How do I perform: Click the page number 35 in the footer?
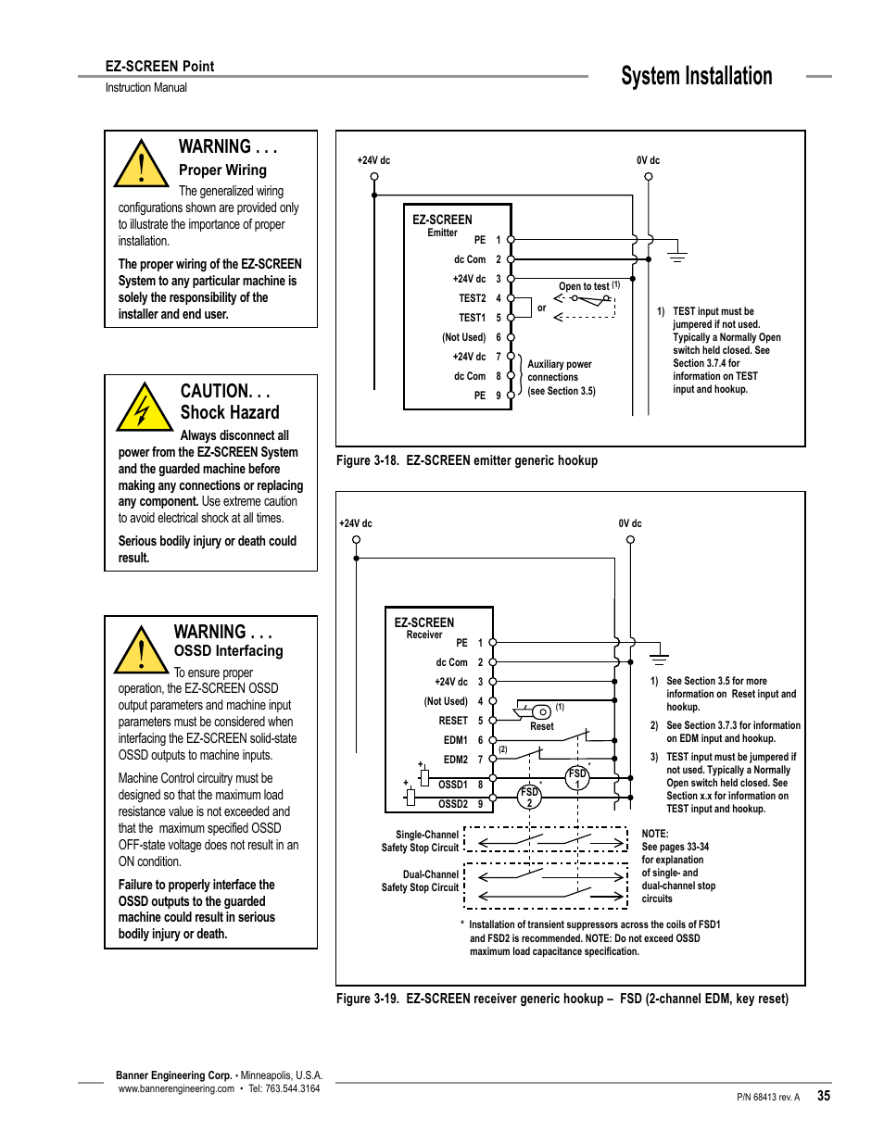coord(823,1095)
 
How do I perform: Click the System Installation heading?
coord(696,76)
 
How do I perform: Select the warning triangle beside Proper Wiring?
coord(140,165)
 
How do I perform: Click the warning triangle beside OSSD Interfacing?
coord(141,650)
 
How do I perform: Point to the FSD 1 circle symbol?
coord(577,778)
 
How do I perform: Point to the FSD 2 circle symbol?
coord(529,797)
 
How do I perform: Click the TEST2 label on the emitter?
coord(472,298)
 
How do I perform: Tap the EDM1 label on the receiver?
coord(455,740)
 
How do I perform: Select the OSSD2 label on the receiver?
coord(453,804)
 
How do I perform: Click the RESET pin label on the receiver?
coord(453,721)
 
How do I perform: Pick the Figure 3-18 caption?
coord(467,460)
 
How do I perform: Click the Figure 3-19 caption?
coord(562,999)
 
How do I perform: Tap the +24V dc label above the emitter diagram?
coord(373,160)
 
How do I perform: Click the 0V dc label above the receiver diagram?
coord(630,523)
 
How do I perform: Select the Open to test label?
coord(584,286)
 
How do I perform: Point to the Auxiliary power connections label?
coord(560,371)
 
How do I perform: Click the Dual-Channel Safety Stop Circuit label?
coord(420,881)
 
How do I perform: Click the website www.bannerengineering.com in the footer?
coord(176,1088)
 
